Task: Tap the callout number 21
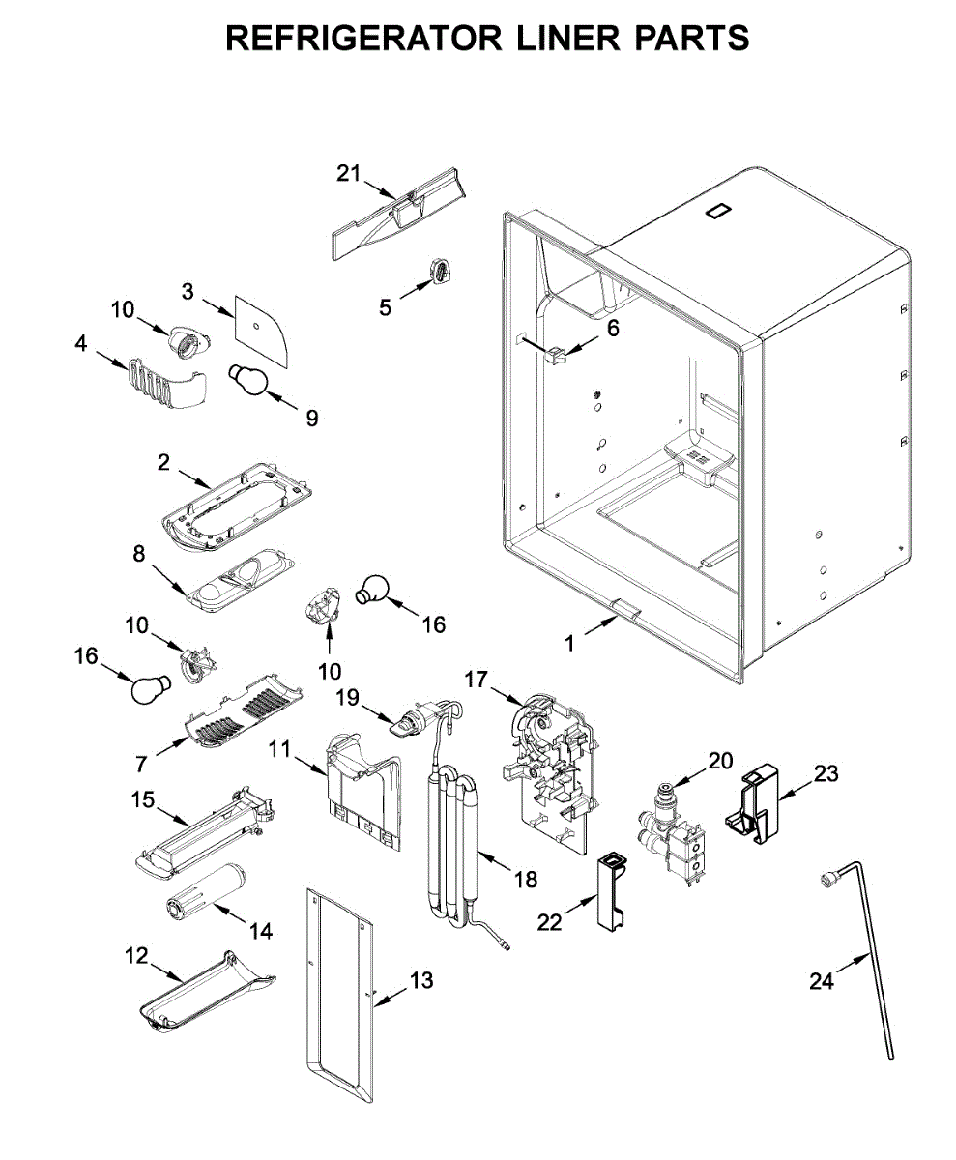[x=348, y=173]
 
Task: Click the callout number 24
[x=821, y=981]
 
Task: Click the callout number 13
[x=421, y=980]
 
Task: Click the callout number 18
[x=526, y=879]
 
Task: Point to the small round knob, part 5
[x=441, y=272]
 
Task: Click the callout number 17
[x=476, y=680]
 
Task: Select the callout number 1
[x=569, y=641]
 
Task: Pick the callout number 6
[x=612, y=328]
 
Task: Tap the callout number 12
[x=136, y=955]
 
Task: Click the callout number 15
[x=142, y=798]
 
